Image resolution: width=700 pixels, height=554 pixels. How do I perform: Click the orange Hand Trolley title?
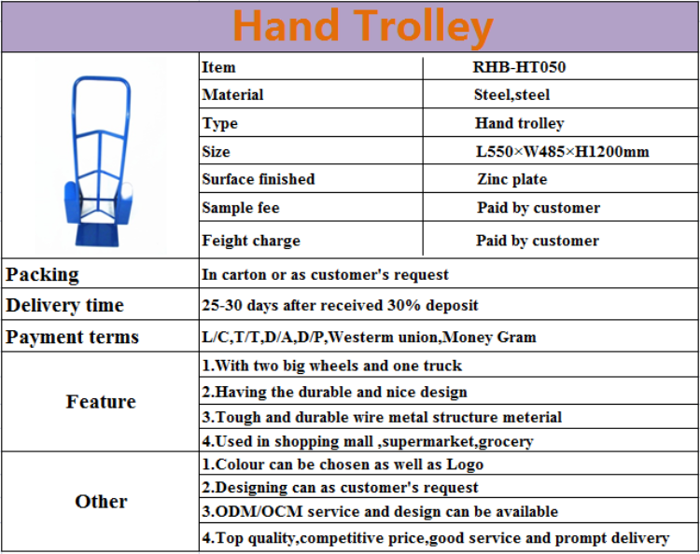[361, 26]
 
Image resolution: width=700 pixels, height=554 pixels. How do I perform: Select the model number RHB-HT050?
[519, 67]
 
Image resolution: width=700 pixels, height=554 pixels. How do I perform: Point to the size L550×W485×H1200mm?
[562, 151]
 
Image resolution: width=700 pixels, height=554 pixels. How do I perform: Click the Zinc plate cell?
[511, 179]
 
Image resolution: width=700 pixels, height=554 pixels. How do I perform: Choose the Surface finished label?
[258, 179]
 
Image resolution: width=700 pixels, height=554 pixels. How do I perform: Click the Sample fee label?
[240, 208]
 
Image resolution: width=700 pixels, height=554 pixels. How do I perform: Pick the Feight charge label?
[250, 241]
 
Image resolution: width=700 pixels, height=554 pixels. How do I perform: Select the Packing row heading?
[43, 274]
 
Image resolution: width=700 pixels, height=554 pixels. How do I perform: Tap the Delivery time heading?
[64, 305]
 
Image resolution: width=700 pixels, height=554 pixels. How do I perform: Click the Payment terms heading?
[72, 337]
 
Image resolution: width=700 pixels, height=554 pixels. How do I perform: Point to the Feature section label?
[101, 402]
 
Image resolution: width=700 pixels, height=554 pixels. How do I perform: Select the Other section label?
[101, 502]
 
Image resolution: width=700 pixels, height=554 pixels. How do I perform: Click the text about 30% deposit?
[340, 305]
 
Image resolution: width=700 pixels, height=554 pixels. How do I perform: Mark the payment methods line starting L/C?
[369, 337]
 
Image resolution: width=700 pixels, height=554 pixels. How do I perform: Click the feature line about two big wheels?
[331, 366]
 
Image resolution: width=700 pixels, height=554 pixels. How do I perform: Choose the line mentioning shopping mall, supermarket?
[368, 441]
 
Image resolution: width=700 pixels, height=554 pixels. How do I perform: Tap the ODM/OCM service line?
[380, 512]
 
